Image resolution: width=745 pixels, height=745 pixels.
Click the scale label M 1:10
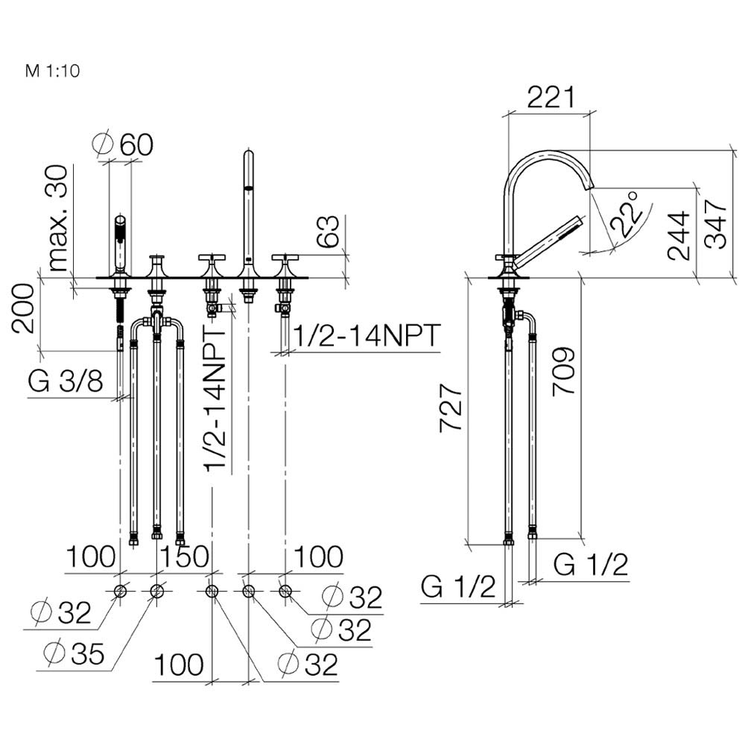coord(52,71)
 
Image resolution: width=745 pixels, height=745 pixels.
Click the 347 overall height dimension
coord(715,224)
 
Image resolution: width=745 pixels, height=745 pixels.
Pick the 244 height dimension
coord(679,235)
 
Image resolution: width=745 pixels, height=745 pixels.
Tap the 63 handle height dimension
coord(328,232)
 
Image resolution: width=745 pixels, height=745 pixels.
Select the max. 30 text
coord(59,218)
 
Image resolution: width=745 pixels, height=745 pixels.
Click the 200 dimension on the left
coord(23,308)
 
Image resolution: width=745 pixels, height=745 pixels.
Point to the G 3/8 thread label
coord(65,381)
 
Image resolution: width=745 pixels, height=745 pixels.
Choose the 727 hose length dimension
coord(451,408)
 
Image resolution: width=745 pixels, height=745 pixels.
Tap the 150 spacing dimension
coord(184,557)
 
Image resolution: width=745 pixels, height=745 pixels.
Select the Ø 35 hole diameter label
coord(73,653)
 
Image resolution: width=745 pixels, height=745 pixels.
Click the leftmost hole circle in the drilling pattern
coord(120,591)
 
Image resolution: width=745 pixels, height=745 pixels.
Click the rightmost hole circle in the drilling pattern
coord(285,591)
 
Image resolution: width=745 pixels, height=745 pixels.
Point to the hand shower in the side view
coord(549,241)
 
